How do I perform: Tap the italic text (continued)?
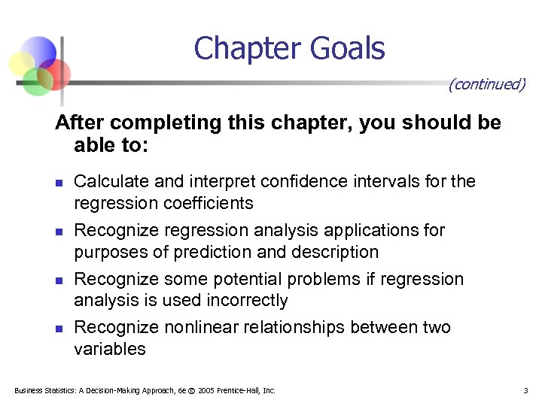pos(486,83)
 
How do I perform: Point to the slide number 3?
pos(525,390)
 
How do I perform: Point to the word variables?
pos(110,349)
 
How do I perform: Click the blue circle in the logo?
pos(40,50)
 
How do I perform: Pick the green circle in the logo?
pos(36,80)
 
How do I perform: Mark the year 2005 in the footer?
pos(206,390)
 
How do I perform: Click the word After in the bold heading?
pos(78,123)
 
